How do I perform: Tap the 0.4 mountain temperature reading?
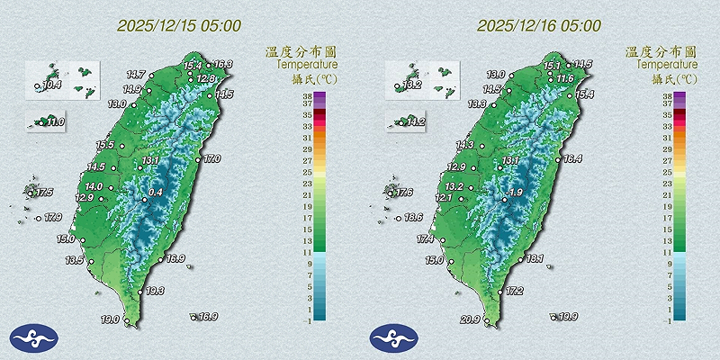[x=155, y=192]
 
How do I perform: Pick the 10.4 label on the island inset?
[x=52, y=85]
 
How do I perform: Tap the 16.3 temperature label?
[x=222, y=65]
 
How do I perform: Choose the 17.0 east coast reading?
[x=211, y=159]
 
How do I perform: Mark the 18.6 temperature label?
[x=413, y=218]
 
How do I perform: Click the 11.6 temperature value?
[x=565, y=79]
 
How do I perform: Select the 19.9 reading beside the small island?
[x=568, y=317]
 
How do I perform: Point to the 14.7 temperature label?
[x=136, y=74]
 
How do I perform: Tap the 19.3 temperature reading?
[x=154, y=291]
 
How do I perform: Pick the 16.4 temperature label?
[x=572, y=159]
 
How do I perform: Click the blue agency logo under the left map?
[x=33, y=337]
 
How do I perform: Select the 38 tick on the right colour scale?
[x=667, y=94]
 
